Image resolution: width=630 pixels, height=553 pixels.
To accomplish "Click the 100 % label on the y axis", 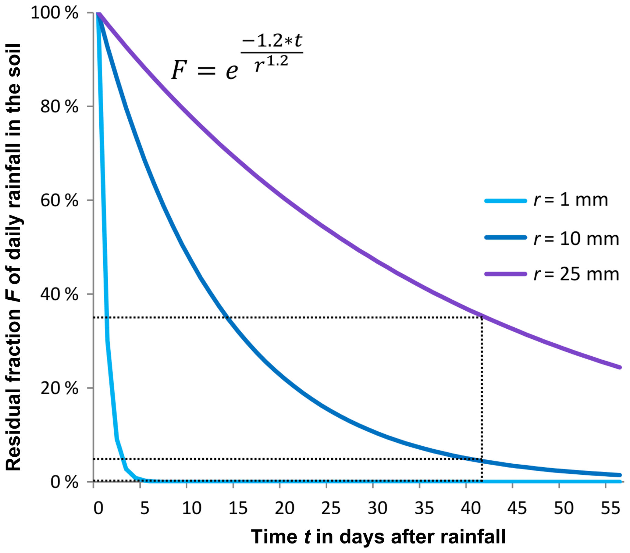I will (55, 13).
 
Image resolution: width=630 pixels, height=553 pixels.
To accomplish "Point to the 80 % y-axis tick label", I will (59, 107).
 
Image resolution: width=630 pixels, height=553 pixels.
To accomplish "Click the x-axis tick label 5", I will (144, 508).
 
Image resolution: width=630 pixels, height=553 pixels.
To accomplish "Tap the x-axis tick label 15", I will (238, 508).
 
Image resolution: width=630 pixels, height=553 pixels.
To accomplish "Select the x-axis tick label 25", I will (331, 508).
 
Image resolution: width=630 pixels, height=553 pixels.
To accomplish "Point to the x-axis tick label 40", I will (470, 508).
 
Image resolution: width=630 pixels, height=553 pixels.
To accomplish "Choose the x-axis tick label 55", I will (610, 508).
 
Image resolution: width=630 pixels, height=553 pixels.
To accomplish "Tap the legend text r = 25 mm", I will (576, 274).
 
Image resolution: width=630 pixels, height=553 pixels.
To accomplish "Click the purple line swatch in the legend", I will (505, 274).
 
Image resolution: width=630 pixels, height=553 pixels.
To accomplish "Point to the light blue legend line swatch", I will (505, 201).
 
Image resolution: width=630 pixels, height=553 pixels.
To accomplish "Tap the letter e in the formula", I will (232, 72).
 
